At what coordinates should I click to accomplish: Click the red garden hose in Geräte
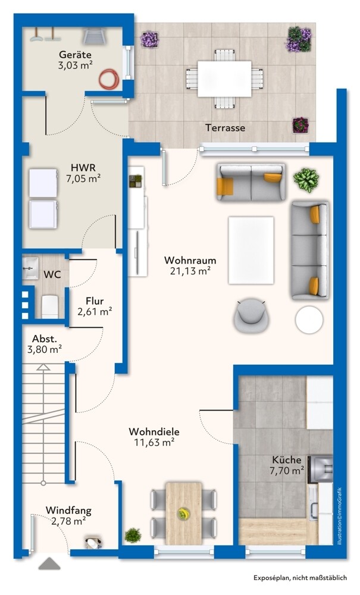point(109,79)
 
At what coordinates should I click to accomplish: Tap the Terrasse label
point(226,128)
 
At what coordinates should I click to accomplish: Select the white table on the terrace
point(224,79)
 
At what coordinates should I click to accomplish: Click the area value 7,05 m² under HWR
point(83,178)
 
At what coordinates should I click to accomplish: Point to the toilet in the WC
point(50,306)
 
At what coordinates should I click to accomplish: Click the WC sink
point(30,268)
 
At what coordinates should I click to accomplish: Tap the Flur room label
point(95,301)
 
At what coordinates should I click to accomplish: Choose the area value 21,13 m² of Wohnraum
point(190,271)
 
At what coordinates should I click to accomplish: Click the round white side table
point(309,320)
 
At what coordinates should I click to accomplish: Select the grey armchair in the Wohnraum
point(251,315)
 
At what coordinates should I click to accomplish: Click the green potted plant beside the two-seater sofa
point(306,180)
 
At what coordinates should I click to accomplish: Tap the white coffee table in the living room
point(251,250)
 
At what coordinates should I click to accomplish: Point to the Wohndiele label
point(154,432)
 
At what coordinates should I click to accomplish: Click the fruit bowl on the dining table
point(184,514)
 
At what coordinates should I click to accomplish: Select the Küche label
point(286,460)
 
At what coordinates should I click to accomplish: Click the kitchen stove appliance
point(320,469)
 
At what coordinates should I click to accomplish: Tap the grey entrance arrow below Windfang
point(49,563)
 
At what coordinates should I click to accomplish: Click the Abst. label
point(45,339)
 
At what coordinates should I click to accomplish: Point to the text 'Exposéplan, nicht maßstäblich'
point(300,578)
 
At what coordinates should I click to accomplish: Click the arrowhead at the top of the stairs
point(43,367)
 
